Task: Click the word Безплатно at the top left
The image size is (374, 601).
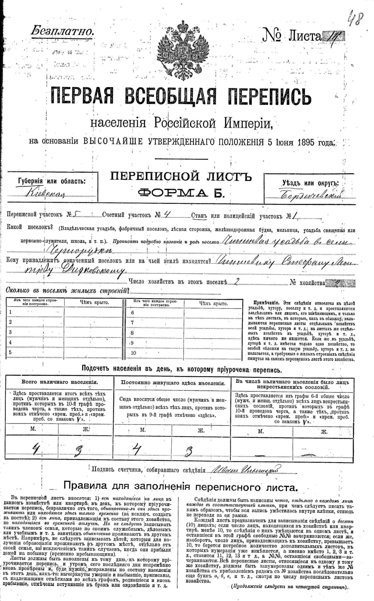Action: [62, 31]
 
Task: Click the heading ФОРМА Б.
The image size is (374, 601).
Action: [181, 193]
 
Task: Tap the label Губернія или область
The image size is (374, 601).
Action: [52, 181]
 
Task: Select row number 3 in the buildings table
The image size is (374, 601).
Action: [10, 332]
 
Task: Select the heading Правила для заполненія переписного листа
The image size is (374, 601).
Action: [181, 487]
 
